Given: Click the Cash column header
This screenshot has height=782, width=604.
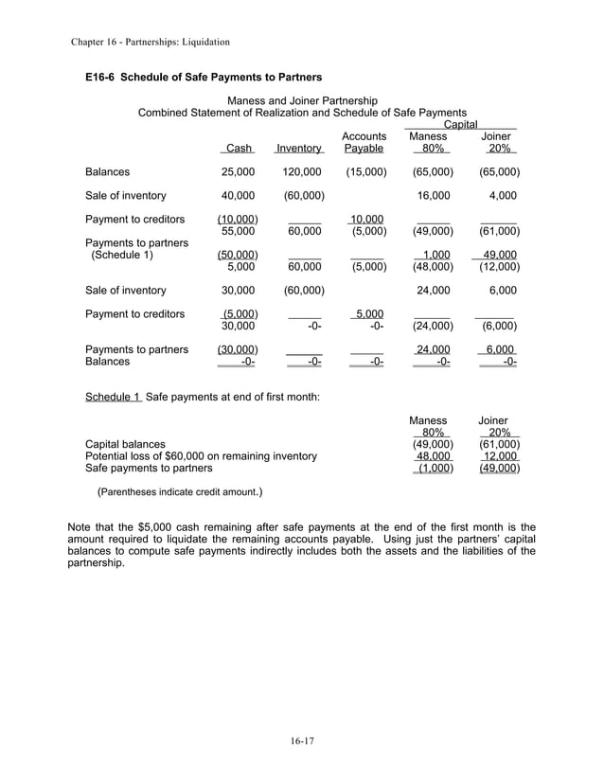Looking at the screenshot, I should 239,149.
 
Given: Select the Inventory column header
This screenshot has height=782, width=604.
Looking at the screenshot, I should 298,149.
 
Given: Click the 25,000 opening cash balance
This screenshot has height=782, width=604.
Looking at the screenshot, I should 238,172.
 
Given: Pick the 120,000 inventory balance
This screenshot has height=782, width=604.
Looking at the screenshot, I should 302,172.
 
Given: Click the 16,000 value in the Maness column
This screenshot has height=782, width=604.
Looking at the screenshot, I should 434,196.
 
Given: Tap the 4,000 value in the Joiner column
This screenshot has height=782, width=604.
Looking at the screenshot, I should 502,196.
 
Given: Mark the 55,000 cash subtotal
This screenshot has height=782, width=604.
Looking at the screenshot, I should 238,231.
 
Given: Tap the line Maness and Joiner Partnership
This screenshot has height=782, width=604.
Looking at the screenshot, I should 303,100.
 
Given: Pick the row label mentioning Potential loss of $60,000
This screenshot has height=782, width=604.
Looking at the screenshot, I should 201,455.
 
